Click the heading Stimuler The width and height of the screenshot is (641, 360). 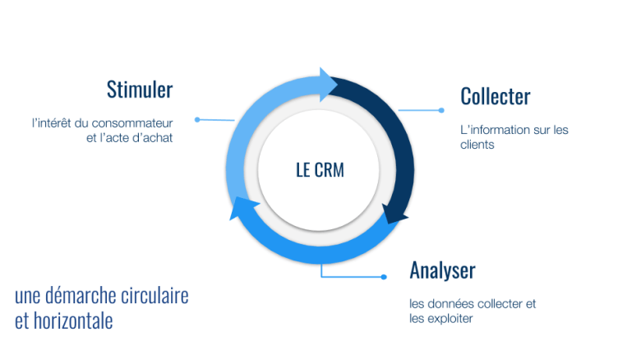click(x=140, y=89)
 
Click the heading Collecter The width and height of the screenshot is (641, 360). click(x=496, y=96)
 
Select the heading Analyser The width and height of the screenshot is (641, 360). click(x=442, y=270)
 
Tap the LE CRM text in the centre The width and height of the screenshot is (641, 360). click(x=320, y=170)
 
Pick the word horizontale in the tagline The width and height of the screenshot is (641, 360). click(x=74, y=321)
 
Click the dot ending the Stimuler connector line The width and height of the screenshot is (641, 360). click(x=197, y=120)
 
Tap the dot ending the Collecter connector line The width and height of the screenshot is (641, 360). click(x=441, y=110)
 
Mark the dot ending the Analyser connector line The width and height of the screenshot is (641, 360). click(x=384, y=277)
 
